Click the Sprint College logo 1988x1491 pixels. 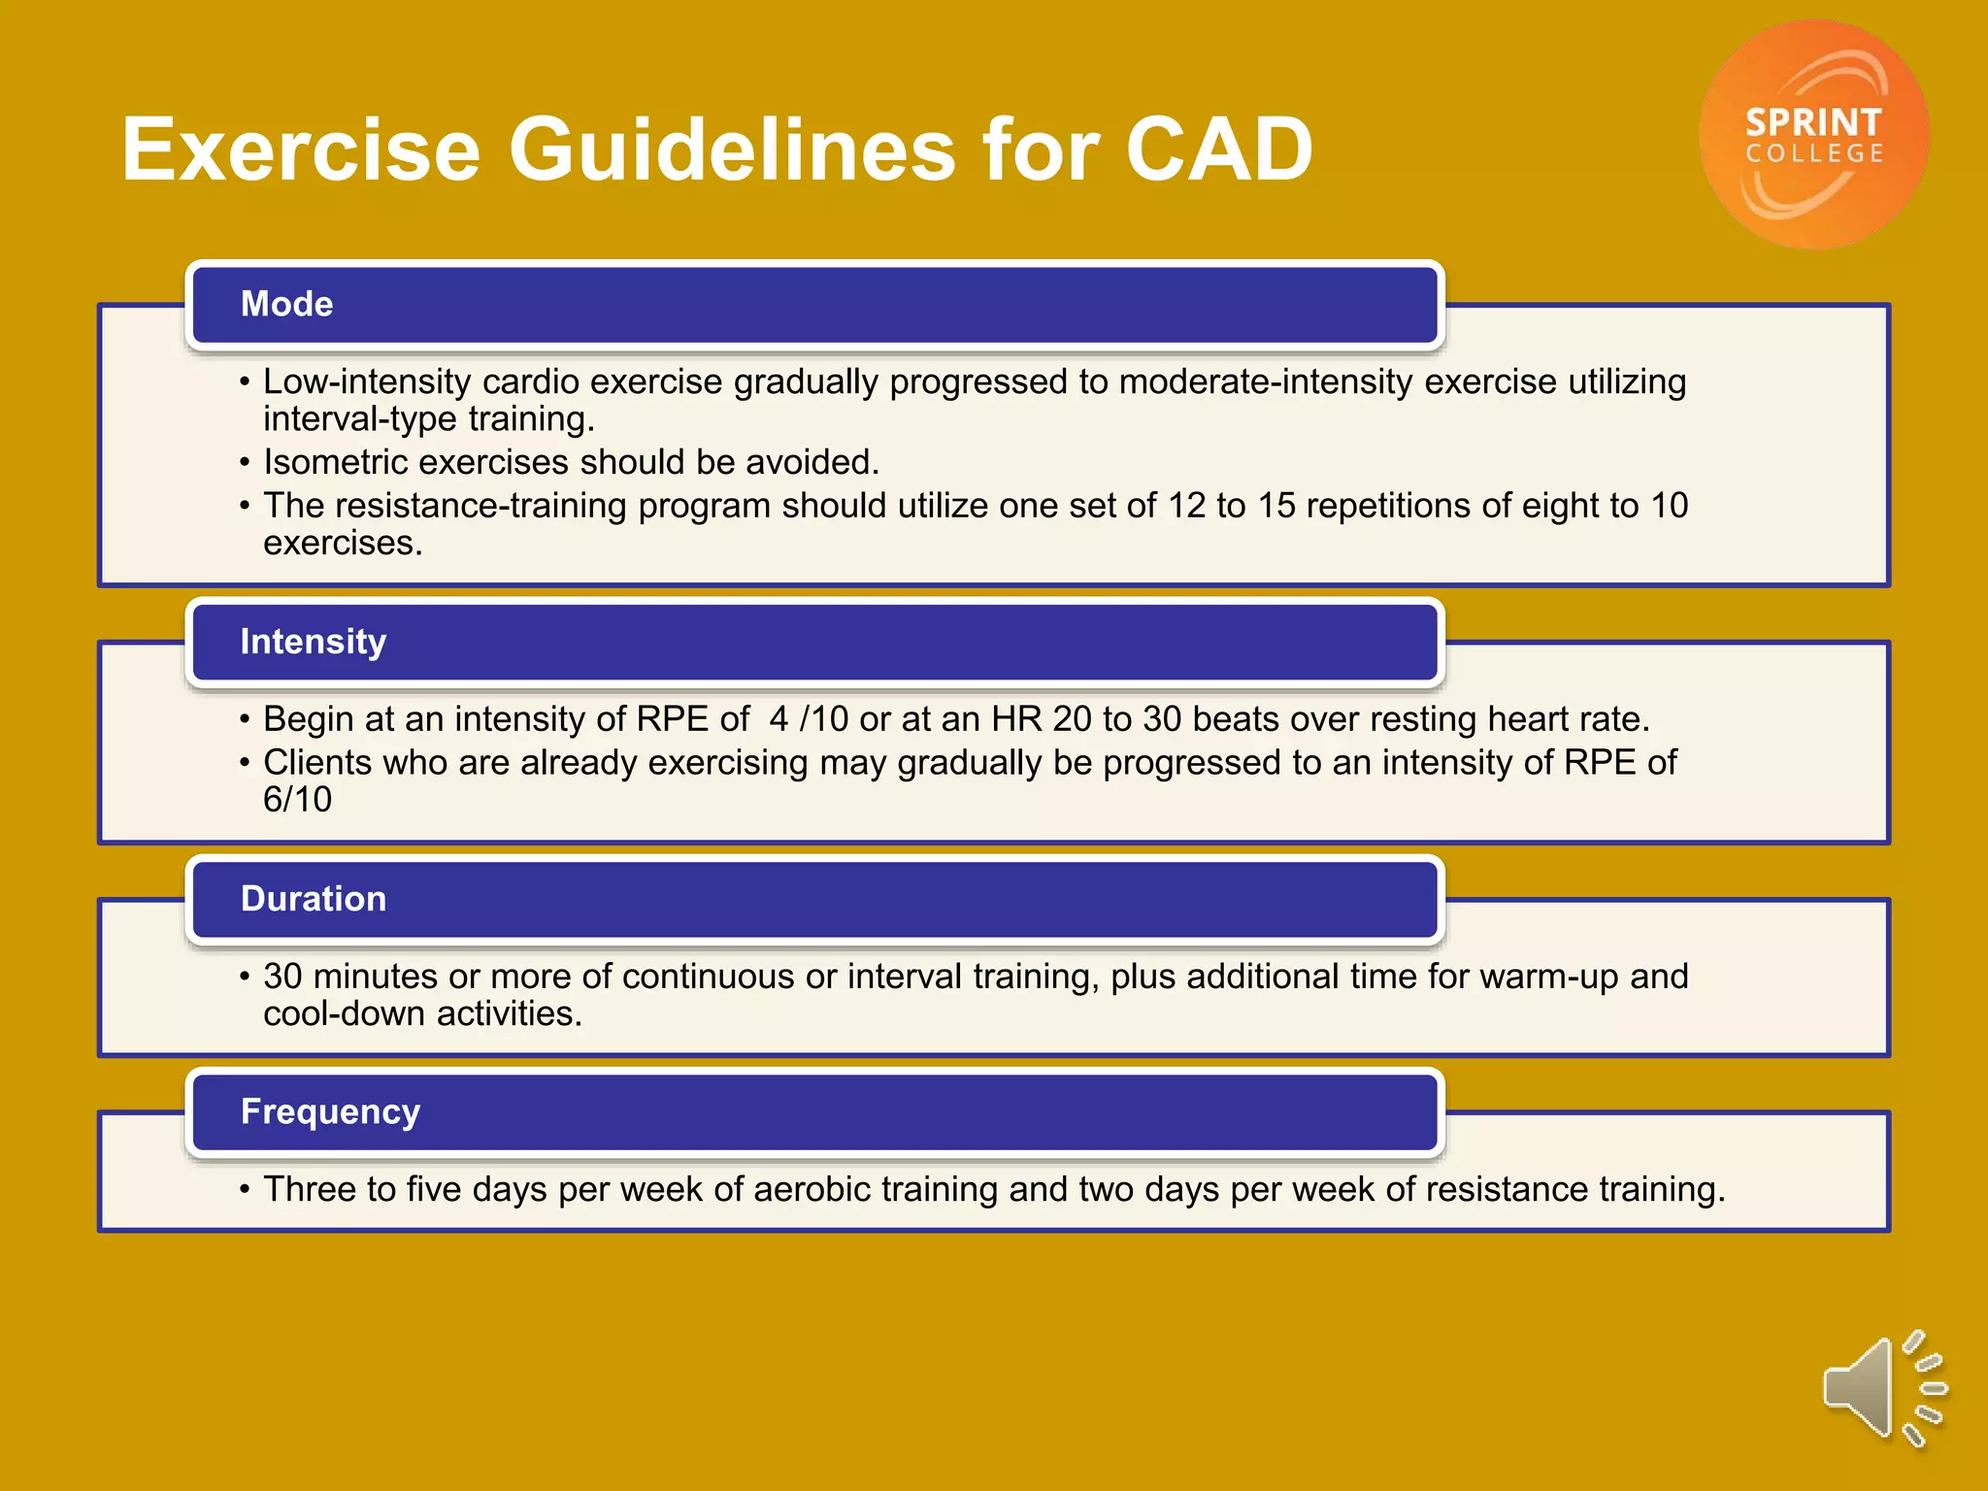[1813, 134]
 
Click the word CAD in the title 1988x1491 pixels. [1218, 149]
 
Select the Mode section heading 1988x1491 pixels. [286, 304]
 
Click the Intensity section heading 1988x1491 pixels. [313, 642]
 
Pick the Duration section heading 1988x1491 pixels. [313, 899]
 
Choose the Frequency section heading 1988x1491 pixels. [330, 1111]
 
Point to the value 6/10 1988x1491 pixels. [297, 800]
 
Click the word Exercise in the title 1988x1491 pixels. [301, 149]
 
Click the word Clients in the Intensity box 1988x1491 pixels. [317, 763]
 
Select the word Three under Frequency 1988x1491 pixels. [309, 1189]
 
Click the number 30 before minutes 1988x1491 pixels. [282, 977]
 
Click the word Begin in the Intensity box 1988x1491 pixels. [308, 719]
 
